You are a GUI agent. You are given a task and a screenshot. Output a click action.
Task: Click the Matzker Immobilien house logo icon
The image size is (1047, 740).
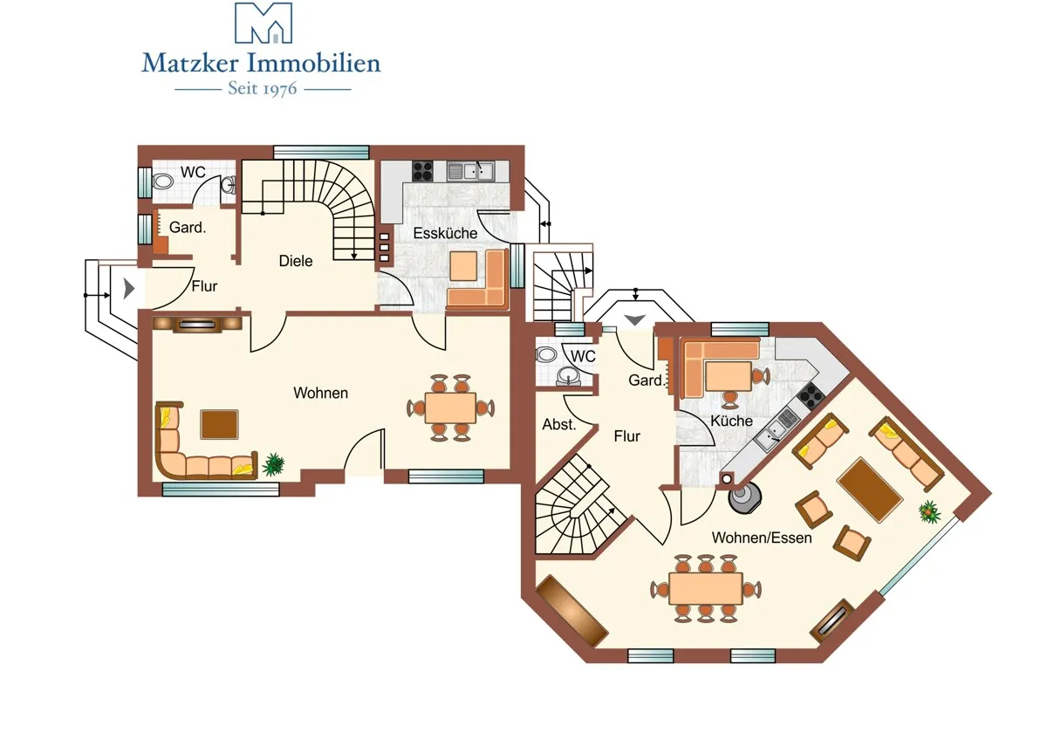click(x=263, y=23)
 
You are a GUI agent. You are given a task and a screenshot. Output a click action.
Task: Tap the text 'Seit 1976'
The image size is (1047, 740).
click(x=263, y=88)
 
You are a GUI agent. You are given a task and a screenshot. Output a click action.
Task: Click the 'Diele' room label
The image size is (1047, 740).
click(x=296, y=261)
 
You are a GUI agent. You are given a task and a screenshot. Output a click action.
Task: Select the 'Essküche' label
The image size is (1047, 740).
click(x=445, y=233)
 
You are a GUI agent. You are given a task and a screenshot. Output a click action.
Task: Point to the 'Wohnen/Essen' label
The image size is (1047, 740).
click(x=762, y=538)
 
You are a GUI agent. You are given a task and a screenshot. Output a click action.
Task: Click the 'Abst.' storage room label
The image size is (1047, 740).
click(x=559, y=424)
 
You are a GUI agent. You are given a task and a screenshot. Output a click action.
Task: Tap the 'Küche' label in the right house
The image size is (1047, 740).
click(x=731, y=421)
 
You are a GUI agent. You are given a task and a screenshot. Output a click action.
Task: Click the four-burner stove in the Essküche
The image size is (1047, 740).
click(x=422, y=171)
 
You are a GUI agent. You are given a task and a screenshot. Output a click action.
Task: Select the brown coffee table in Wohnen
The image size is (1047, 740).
click(x=219, y=424)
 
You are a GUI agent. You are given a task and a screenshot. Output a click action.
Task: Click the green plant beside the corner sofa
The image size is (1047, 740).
click(x=273, y=464)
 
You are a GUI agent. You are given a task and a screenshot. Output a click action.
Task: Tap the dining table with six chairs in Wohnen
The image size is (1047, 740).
click(x=450, y=408)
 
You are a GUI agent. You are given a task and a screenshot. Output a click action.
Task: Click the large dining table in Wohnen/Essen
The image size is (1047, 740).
click(x=705, y=589)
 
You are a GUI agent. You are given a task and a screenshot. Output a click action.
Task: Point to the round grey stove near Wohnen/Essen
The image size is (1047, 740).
click(x=745, y=499)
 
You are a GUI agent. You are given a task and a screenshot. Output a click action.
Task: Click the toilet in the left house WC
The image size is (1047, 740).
click(x=161, y=181)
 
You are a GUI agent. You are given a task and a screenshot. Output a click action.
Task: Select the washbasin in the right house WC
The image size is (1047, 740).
click(x=568, y=375)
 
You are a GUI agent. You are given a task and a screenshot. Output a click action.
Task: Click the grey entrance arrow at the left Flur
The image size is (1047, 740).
click(x=128, y=289)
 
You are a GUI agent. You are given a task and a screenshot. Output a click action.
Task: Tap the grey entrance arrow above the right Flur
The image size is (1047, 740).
click(x=635, y=319)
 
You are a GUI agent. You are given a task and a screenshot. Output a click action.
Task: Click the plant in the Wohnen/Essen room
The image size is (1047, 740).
click(x=929, y=511)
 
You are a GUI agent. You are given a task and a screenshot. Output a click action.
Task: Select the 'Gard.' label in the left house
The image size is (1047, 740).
click(x=188, y=227)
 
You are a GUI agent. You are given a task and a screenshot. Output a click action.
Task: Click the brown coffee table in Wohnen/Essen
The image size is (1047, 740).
click(x=870, y=490)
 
